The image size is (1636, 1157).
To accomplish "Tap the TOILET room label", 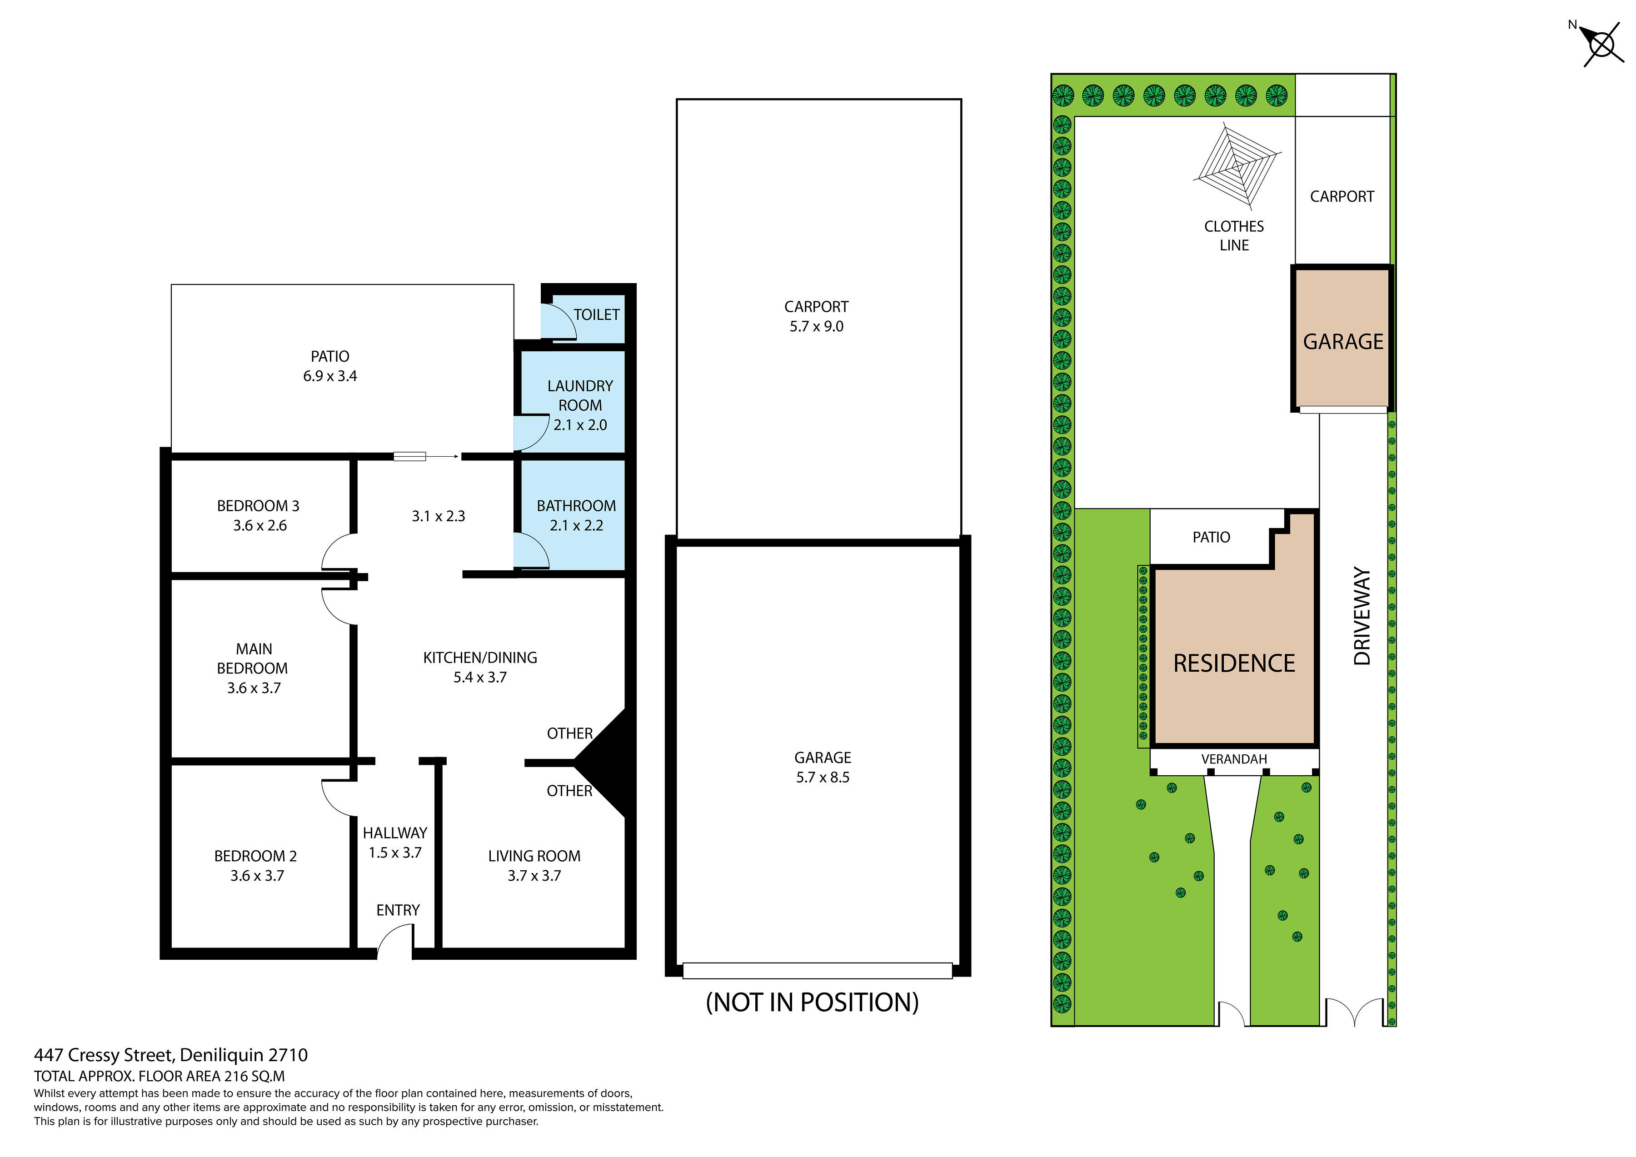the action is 596,314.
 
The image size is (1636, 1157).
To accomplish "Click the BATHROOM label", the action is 576,506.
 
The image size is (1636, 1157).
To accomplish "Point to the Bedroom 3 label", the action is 258,506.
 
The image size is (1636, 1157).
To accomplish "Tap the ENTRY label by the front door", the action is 398,911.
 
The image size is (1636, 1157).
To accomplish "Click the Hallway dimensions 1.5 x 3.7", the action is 395,853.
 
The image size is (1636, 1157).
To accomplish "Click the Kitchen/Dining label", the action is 480,658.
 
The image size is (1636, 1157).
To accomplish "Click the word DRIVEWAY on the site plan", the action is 1362,616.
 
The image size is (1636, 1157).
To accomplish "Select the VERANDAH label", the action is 1234,759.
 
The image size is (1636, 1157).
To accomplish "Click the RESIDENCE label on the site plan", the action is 1234,663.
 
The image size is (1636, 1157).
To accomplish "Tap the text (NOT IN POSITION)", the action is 812,1002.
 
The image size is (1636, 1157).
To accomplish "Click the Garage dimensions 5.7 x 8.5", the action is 823,777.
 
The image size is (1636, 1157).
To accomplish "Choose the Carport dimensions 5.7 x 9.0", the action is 817,326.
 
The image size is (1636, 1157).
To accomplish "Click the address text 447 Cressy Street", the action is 103,1055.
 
